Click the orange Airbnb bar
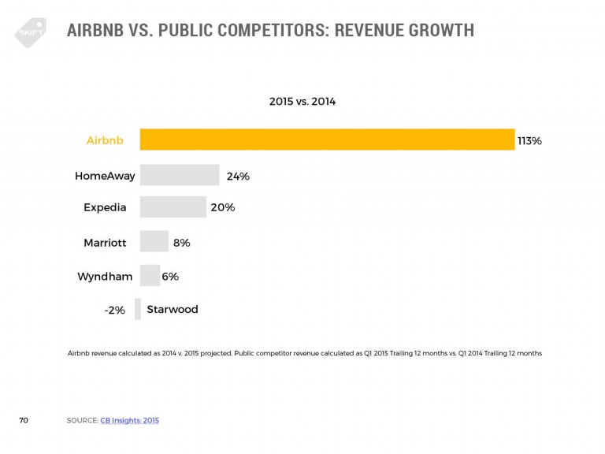[x=327, y=140]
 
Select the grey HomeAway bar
[x=179, y=175]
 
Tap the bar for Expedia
[x=173, y=207]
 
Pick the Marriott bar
[x=154, y=242]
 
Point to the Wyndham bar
[x=150, y=276]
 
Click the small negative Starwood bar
[x=138, y=309]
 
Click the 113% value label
[x=529, y=140]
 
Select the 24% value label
[x=238, y=176]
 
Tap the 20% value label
[x=223, y=207]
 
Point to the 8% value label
[x=181, y=243]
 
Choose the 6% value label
[x=170, y=277]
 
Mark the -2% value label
[x=114, y=311]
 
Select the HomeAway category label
[x=105, y=176]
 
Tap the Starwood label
[x=173, y=310]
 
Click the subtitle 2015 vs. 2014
[x=302, y=101]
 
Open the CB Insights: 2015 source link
[x=129, y=421]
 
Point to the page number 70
[x=24, y=421]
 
